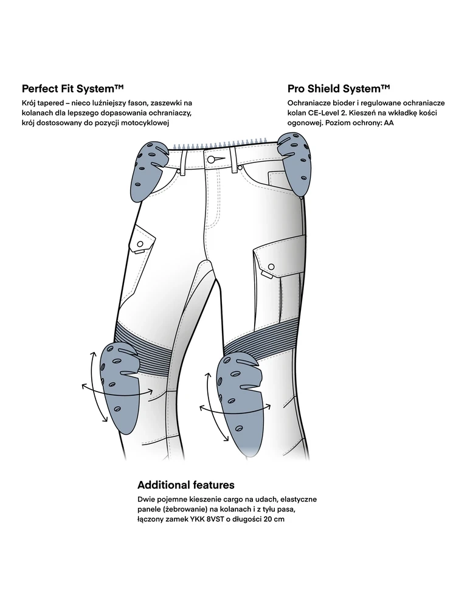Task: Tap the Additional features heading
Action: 186,485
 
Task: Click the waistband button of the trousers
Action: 212,159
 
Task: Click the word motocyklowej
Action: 145,123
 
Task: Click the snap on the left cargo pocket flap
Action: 139,250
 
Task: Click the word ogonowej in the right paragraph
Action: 304,123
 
